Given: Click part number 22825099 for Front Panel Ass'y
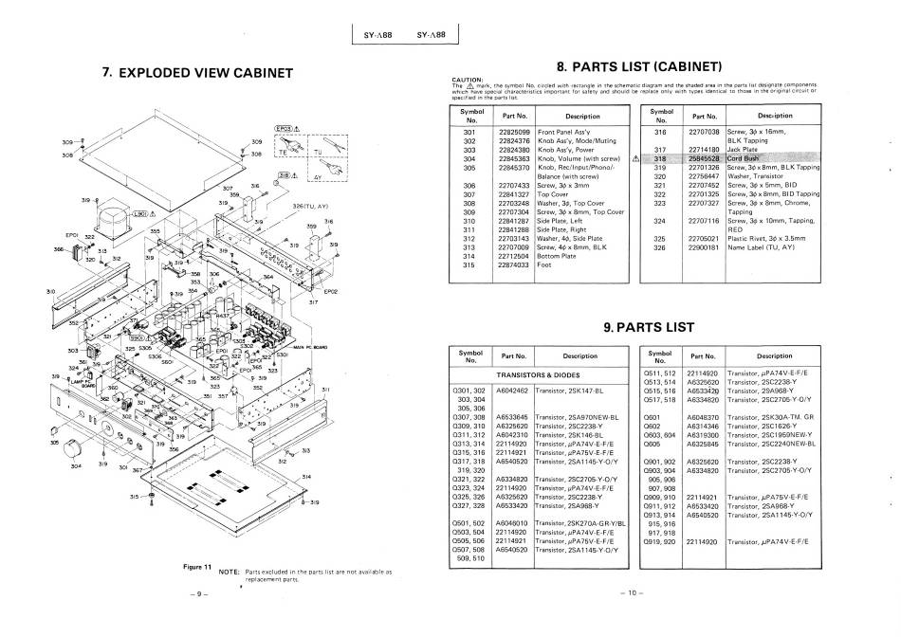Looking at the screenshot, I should (x=513, y=133).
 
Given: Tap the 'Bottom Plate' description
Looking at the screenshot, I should (x=559, y=256).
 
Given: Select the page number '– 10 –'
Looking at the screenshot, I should (x=630, y=594).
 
